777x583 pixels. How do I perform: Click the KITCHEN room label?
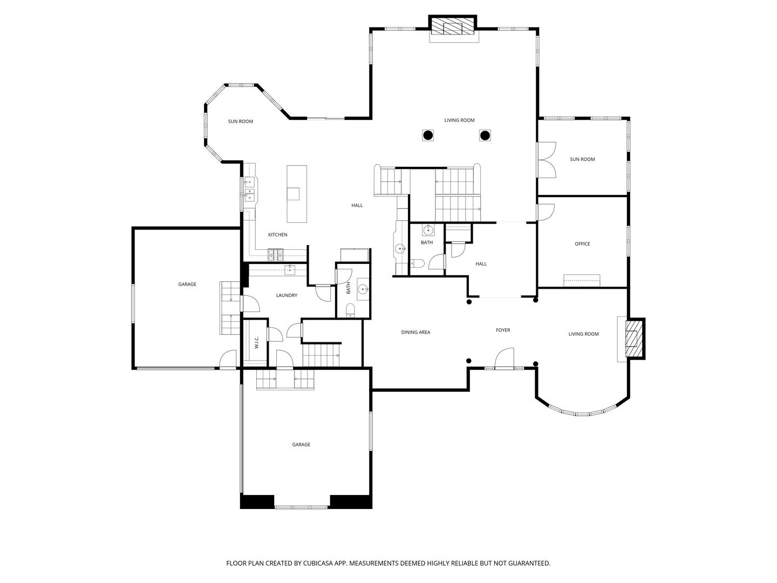pyautogui.click(x=277, y=235)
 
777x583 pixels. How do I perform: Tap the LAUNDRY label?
pyautogui.click(x=287, y=295)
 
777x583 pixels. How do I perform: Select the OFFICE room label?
pyautogui.click(x=582, y=244)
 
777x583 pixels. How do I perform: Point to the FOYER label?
pyautogui.click(x=503, y=330)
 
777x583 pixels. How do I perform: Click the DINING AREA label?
pyautogui.click(x=415, y=333)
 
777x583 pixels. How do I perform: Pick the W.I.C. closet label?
pyautogui.click(x=257, y=342)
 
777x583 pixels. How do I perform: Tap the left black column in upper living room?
pyautogui.click(x=428, y=135)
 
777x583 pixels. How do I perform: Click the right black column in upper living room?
pyautogui.click(x=485, y=135)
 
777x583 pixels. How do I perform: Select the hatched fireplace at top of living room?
pyautogui.click(x=453, y=25)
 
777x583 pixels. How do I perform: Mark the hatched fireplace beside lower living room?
pyautogui.click(x=634, y=338)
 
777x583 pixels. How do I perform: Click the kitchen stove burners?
pyautogui.click(x=276, y=255)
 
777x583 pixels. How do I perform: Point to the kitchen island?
pyautogui.click(x=297, y=194)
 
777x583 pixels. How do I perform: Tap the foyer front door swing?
pyautogui.click(x=504, y=358)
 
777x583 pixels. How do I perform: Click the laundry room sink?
pyautogui.click(x=290, y=270)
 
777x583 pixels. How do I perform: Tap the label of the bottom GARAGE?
pyautogui.click(x=301, y=445)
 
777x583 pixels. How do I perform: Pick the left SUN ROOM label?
pyautogui.click(x=240, y=121)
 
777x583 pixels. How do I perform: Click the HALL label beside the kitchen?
pyautogui.click(x=357, y=205)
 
